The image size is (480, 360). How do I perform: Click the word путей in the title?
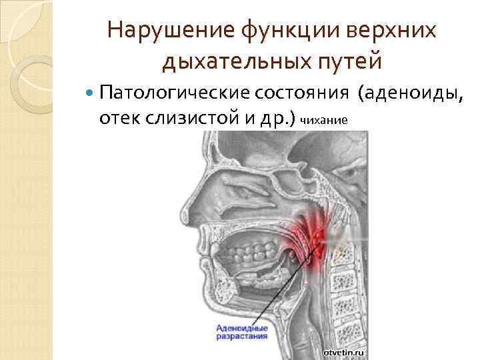click(x=347, y=62)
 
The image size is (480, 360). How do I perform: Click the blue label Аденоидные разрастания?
click(x=242, y=332)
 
